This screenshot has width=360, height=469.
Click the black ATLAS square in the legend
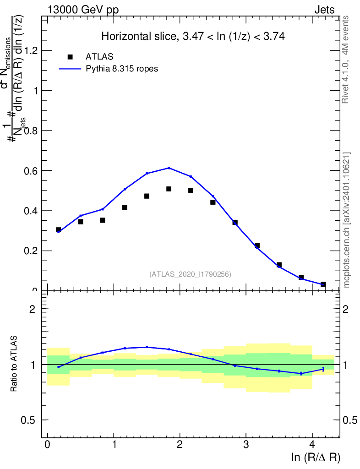(x=70, y=57)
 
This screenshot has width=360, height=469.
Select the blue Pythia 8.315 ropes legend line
(x=70, y=69)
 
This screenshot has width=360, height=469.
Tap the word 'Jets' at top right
(x=324, y=10)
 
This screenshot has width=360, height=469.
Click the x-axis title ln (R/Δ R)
(x=316, y=457)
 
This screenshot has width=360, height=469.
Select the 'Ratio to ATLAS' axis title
(x=14, y=364)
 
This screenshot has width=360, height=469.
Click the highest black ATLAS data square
(x=169, y=189)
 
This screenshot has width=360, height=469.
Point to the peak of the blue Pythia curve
(x=169, y=168)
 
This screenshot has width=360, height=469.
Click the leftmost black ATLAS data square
(x=59, y=229)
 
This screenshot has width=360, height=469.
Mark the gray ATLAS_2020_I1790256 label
(x=190, y=274)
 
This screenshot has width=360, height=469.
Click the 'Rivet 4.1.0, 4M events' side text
(x=346, y=59)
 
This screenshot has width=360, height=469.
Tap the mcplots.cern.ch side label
(x=347, y=220)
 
